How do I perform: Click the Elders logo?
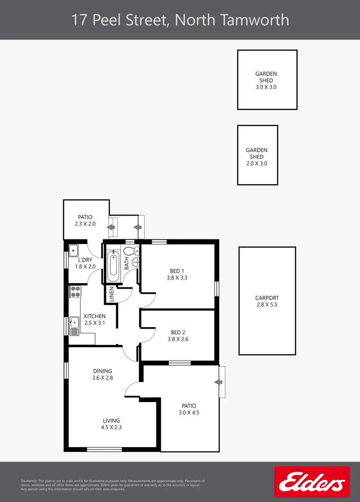(312, 482)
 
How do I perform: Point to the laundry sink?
(74, 251)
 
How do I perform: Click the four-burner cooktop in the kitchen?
(74, 292)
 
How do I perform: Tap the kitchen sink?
(74, 325)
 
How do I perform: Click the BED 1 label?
(176, 271)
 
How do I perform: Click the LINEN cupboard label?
(112, 293)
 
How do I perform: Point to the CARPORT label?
(267, 298)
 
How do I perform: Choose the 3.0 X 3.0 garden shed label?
(266, 87)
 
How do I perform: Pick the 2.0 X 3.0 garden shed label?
(257, 164)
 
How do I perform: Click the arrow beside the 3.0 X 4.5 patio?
(217, 382)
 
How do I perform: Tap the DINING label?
(102, 371)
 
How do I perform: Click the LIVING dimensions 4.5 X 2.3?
(112, 427)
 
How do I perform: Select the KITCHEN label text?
(94, 316)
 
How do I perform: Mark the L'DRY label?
(85, 259)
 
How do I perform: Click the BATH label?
(127, 264)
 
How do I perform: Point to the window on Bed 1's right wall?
(217, 288)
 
